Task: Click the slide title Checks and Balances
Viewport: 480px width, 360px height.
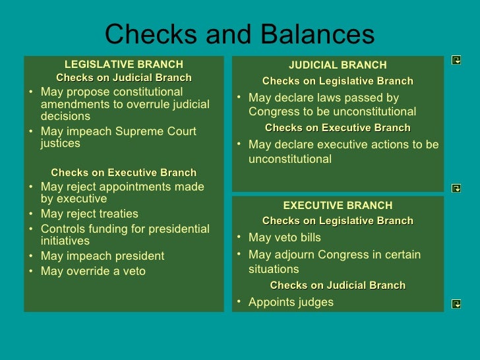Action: (x=239, y=34)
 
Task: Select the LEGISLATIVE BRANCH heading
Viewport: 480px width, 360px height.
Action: (x=124, y=64)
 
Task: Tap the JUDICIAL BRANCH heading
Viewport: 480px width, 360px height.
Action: (x=338, y=65)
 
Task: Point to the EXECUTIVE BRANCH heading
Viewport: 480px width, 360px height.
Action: (x=338, y=205)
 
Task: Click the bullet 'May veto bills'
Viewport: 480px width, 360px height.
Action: (x=284, y=237)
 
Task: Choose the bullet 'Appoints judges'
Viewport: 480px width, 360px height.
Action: (x=291, y=302)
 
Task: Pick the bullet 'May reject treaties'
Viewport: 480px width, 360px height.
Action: (x=90, y=214)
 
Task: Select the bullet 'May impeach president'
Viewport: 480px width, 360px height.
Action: (x=102, y=256)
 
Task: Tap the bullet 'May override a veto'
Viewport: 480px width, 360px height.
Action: (x=93, y=271)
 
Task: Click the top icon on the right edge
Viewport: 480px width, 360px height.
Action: (x=456, y=60)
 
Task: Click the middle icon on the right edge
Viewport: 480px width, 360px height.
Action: (x=456, y=188)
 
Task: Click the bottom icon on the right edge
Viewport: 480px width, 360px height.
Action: (x=456, y=303)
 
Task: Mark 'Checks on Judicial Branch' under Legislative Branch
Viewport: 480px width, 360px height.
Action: (x=124, y=78)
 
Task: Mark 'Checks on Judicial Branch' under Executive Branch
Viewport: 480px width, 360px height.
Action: (x=338, y=285)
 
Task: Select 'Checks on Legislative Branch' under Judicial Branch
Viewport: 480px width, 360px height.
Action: (x=338, y=81)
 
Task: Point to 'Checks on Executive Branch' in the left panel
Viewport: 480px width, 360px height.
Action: (x=124, y=173)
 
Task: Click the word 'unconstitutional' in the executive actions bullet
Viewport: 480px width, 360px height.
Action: (x=290, y=159)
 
